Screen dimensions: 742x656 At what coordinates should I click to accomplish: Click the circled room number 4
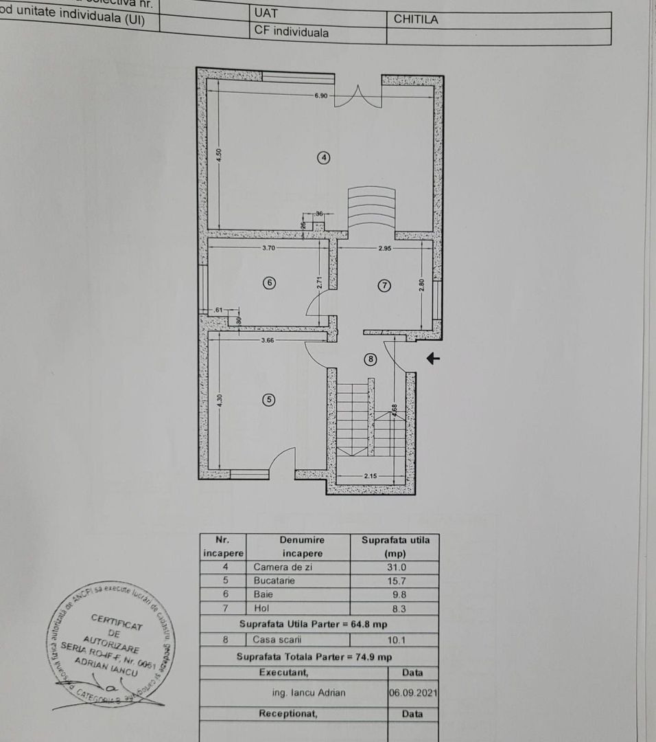click(324, 157)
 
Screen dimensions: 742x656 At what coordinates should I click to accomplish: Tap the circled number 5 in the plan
click(269, 399)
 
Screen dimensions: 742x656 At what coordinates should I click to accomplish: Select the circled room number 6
click(269, 282)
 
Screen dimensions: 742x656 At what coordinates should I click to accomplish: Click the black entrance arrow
click(432, 358)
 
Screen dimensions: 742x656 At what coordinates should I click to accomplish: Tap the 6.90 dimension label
click(321, 95)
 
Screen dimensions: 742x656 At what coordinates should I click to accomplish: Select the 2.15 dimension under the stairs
click(371, 476)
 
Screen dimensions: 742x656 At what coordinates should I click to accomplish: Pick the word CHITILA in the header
click(416, 19)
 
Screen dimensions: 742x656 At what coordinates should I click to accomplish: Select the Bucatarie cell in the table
click(274, 581)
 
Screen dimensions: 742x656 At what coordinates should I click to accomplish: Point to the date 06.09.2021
click(412, 693)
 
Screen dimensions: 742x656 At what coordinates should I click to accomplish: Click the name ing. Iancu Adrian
click(309, 693)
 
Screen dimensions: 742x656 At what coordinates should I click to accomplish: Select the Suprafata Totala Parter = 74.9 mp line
click(314, 657)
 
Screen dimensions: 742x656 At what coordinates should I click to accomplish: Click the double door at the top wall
click(358, 96)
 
